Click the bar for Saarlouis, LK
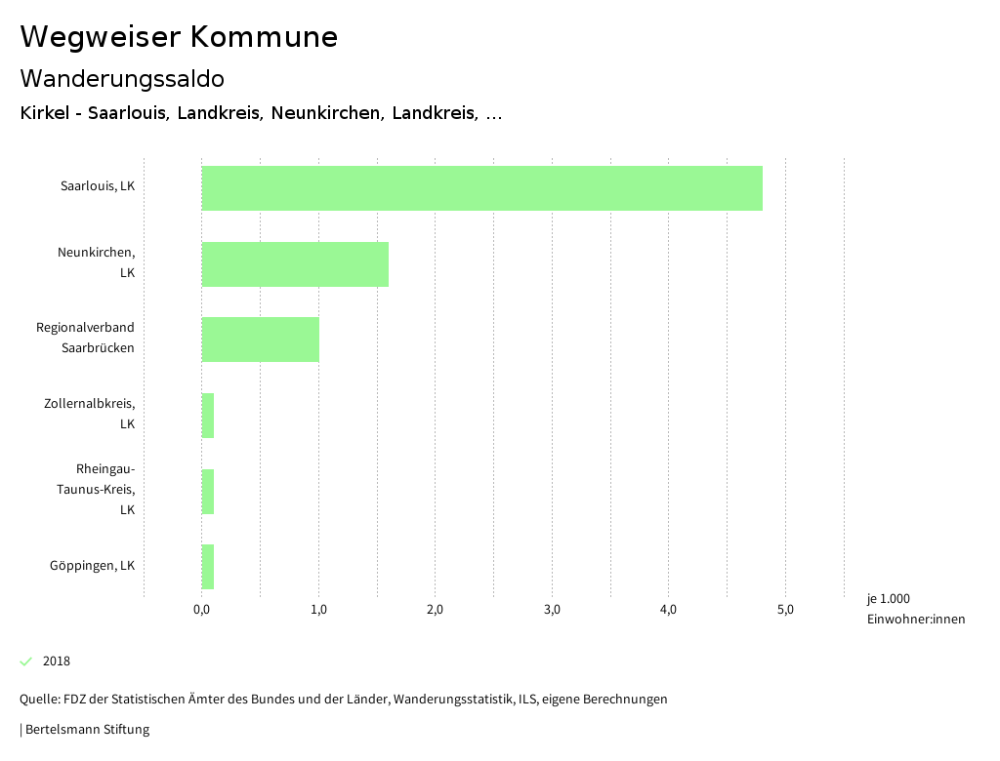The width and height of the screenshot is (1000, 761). pyautogui.click(x=481, y=188)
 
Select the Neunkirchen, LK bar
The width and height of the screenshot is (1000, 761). pyautogui.click(x=295, y=264)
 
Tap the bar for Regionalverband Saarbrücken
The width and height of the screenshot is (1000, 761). pyautogui.click(x=260, y=340)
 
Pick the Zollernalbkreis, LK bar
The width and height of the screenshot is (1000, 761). pyautogui.click(x=208, y=416)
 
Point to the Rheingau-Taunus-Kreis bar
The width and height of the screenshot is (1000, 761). pyautogui.click(x=208, y=492)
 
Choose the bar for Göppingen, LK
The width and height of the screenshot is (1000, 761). pyautogui.click(x=208, y=567)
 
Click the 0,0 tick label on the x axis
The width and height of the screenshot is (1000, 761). pyautogui.click(x=202, y=610)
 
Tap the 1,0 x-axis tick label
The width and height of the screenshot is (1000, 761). pyautogui.click(x=318, y=610)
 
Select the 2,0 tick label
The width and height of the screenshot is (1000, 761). pyautogui.click(x=436, y=610)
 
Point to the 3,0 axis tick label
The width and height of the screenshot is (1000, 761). pyautogui.click(x=552, y=610)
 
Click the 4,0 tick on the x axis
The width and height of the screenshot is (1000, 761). pyautogui.click(x=669, y=610)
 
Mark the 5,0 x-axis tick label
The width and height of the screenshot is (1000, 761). pyautogui.click(x=785, y=610)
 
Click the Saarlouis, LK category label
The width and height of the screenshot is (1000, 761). pyautogui.click(x=98, y=185)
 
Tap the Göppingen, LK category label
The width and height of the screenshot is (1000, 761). pyautogui.click(x=93, y=565)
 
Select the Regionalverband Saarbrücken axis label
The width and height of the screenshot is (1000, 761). pyautogui.click(x=86, y=338)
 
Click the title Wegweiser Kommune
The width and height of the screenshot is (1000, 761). pyautogui.click(x=179, y=37)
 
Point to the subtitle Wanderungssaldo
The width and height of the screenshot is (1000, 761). pyautogui.click(x=122, y=78)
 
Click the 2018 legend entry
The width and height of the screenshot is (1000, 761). pyautogui.click(x=56, y=661)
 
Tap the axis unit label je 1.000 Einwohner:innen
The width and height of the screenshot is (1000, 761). pyautogui.click(x=915, y=609)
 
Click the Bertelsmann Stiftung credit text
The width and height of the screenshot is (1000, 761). pyautogui.click(x=86, y=729)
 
